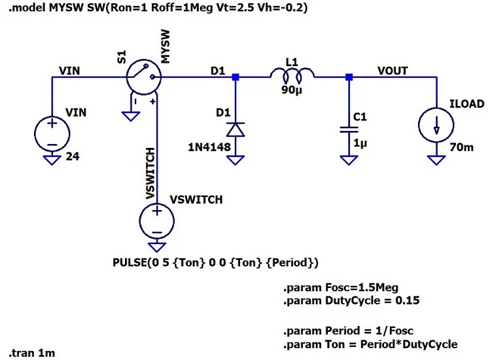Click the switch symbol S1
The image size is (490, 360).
[143, 77]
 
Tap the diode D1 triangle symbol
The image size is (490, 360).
[236, 129]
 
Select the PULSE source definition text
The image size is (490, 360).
[216, 263]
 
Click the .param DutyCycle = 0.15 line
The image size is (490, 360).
[351, 301]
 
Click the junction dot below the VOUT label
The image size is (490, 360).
[349, 77]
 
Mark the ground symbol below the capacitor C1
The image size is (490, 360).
[349, 160]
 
